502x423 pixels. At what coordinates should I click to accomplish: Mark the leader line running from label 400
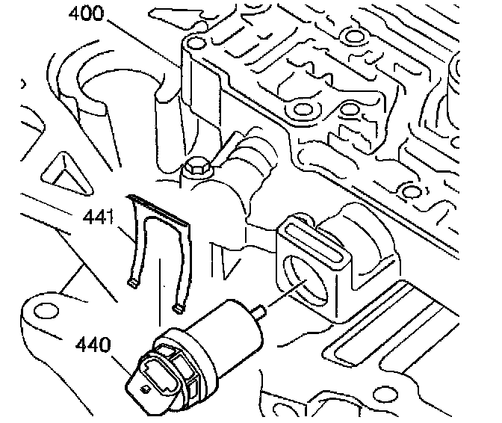click(149, 41)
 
